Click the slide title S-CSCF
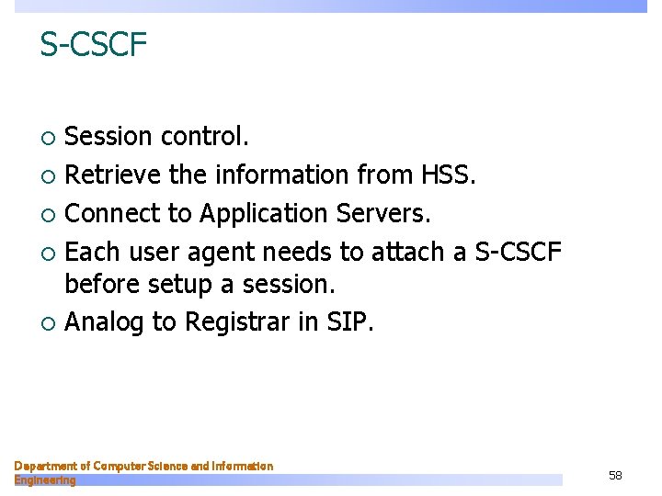point(93,43)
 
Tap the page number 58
point(615,475)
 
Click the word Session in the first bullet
point(108,137)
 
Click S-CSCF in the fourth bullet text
point(518,252)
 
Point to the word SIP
point(351,322)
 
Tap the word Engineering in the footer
point(45,480)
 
